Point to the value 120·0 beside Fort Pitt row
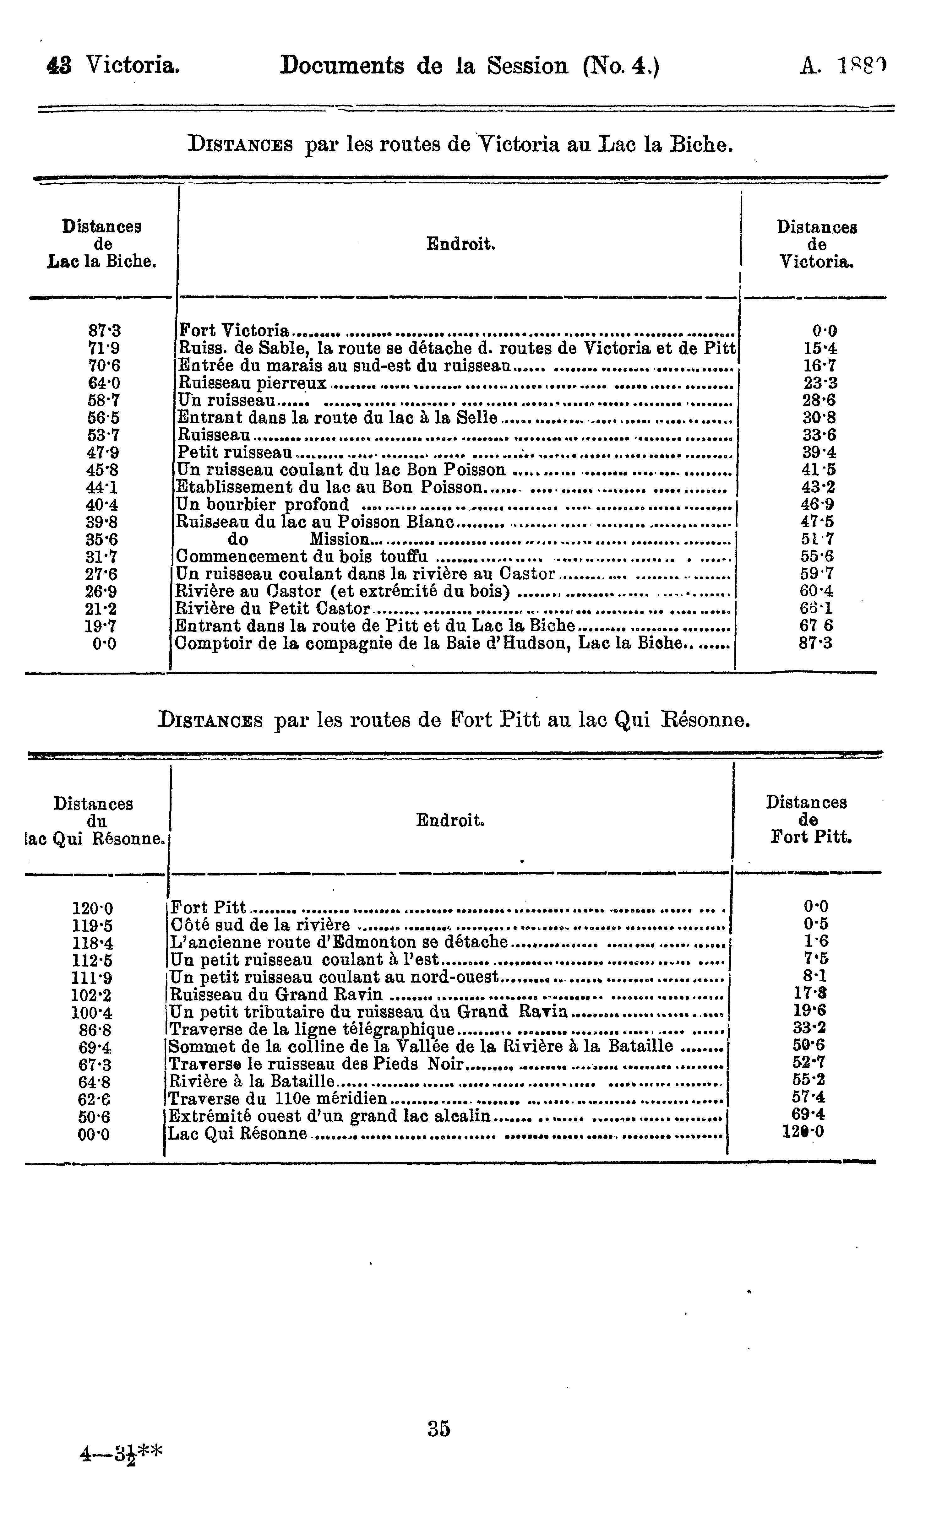(x=93, y=909)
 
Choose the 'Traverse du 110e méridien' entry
(x=278, y=1099)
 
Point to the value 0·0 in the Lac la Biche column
(x=104, y=644)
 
